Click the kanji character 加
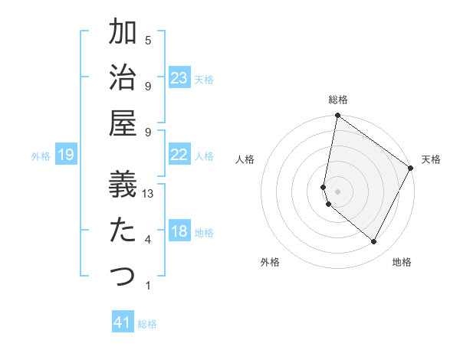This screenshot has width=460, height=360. pyautogui.click(x=123, y=34)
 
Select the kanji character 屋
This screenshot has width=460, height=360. pyautogui.click(x=123, y=123)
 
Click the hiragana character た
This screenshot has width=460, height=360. pyautogui.click(x=123, y=229)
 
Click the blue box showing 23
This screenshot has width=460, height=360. pyautogui.click(x=179, y=77)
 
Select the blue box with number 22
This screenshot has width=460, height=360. pyautogui.click(x=179, y=155)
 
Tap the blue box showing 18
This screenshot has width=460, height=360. pyautogui.click(x=179, y=231)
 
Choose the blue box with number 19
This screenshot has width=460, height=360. pyautogui.click(x=66, y=155)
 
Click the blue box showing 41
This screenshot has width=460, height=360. pyautogui.click(x=123, y=322)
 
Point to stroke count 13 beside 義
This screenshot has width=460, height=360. pyautogui.click(x=148, y=195)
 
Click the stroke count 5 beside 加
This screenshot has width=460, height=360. pyautogui.click(x=148, y=40)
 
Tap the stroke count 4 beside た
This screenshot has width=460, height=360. pyautogui.click(x=148, y=240)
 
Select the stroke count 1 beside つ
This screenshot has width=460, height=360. pyautogui.click(x=148, y=286)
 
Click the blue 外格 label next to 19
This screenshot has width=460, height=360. pyautogui.click(x=41, y=156)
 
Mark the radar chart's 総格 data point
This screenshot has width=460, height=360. pyautogui.click(x=337, y=116)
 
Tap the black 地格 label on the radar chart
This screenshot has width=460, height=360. pyautogui.click(x=402, y=262)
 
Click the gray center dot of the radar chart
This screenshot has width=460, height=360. pyautogui.click(x=337, y=191)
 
